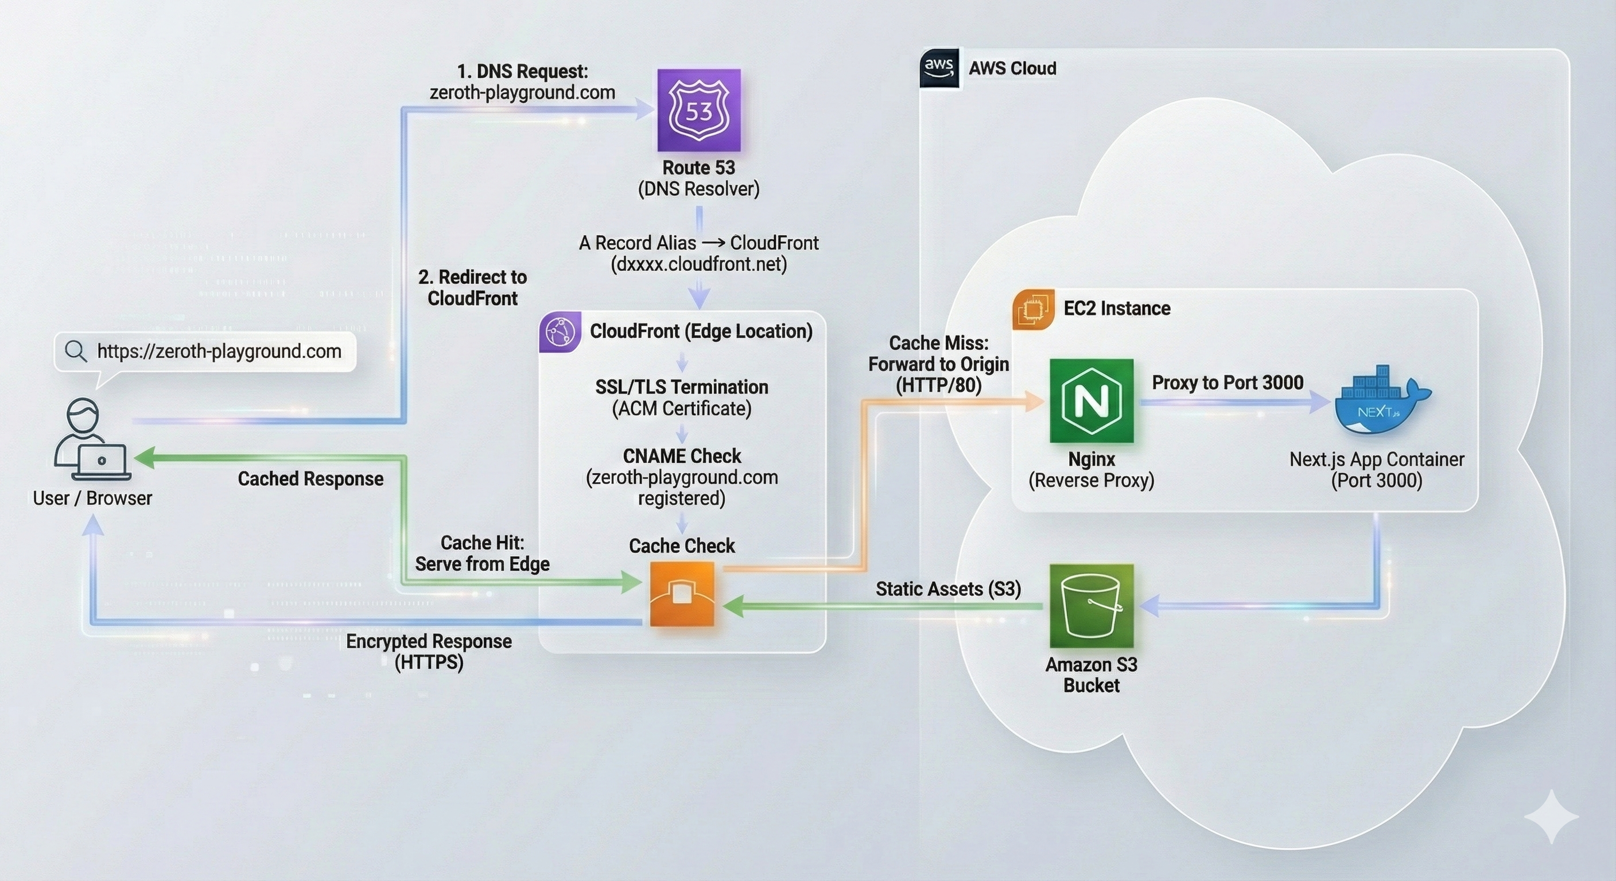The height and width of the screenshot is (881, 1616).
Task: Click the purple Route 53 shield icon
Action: pyautogui.click(x=699, y=110)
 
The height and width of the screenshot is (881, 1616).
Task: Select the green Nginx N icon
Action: pyautogui.click(x=1091, y=401)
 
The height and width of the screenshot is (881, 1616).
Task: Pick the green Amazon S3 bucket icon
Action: pyautogui.click(x=1091, y=606)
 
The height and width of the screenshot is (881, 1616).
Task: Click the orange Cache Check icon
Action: pyautogui.click(x=682, y=594)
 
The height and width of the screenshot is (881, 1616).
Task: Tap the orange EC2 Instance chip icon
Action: pyautogui.click(x=1032, y=309)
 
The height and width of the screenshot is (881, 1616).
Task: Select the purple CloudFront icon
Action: pyautogui.click(x=560, y=332)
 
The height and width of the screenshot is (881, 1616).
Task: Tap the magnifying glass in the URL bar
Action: pyautogui.click(x=76, y=351)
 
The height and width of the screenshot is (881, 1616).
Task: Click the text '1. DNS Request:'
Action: pyautogui.click(x=522, y=72)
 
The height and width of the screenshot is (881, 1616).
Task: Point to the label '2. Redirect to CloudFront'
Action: pyautogui.click(x=472, y=288)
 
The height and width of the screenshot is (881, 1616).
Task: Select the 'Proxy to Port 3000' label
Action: pyautogui.click(x=1227, y=383)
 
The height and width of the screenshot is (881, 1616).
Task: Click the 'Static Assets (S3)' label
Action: pyautogui.click(x=948, y=589)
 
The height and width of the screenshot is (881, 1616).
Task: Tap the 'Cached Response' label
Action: pyautogui.click(x=310, y=479)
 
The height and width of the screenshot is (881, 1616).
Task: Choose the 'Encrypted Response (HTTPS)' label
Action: pyautogui.click(x=429, y=652)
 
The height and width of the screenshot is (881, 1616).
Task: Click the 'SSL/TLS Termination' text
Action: pyautogui.click(x=682, y=387)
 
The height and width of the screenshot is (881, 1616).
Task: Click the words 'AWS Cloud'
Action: pyautogui.click(x=1012, y=68)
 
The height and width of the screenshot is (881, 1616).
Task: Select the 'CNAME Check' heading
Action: pyautogui.click(x=682, y=456)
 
